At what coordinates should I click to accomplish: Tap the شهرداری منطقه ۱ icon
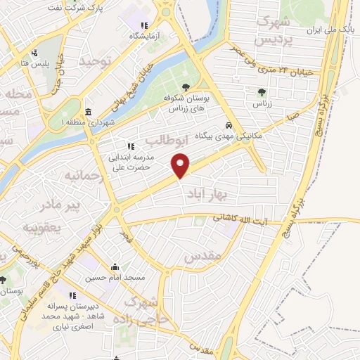(x=88, y=112)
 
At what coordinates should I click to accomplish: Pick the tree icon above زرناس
(x=262, y=91)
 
